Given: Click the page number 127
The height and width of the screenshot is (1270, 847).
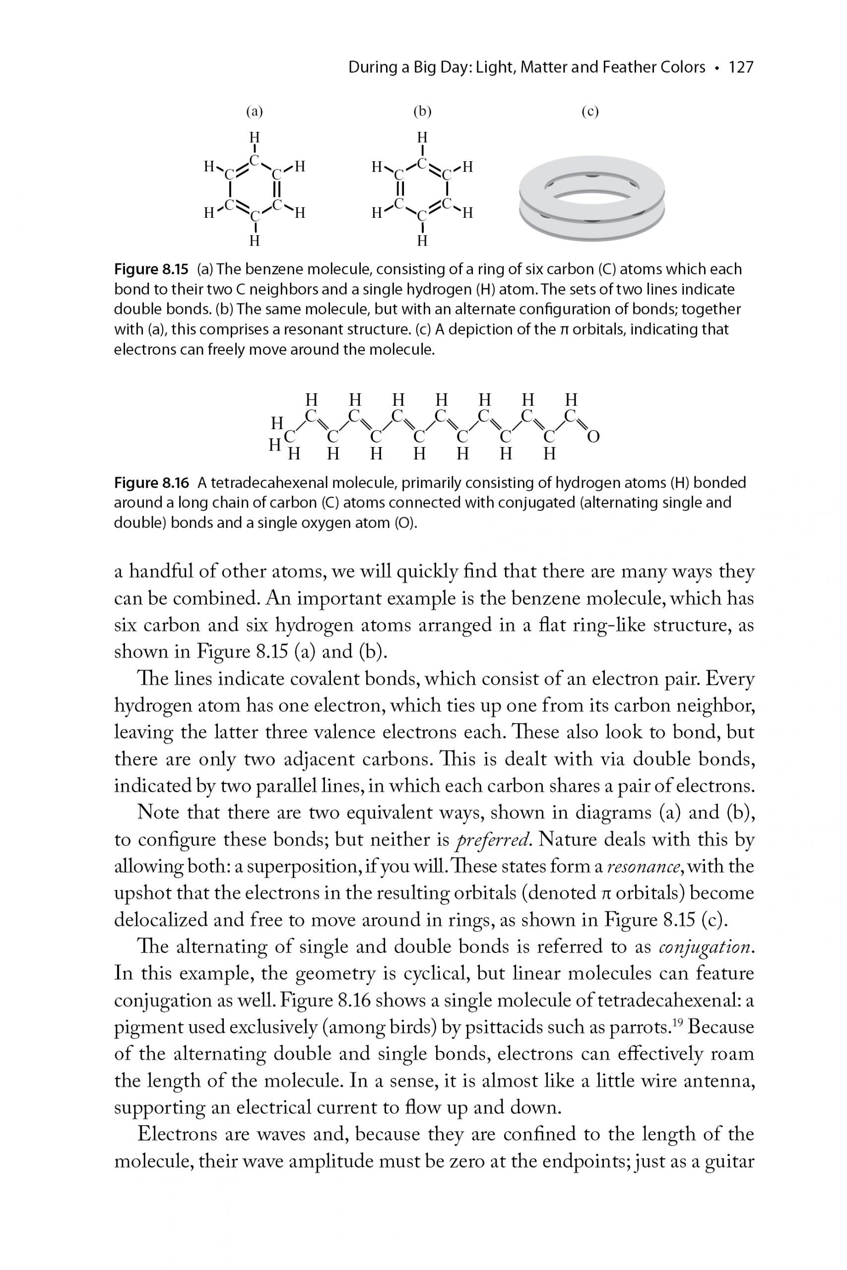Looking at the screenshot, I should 741,67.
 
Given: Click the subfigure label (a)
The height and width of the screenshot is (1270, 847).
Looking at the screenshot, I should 255,112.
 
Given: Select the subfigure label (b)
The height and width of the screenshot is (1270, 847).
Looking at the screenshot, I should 422,112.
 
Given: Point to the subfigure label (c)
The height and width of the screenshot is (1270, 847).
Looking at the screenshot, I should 590,112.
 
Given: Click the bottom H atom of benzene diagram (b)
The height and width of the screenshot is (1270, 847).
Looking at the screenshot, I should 422,240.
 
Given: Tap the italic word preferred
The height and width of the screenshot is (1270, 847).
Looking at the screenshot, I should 493,840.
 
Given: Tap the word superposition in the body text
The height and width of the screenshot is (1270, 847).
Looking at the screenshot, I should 300,867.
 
